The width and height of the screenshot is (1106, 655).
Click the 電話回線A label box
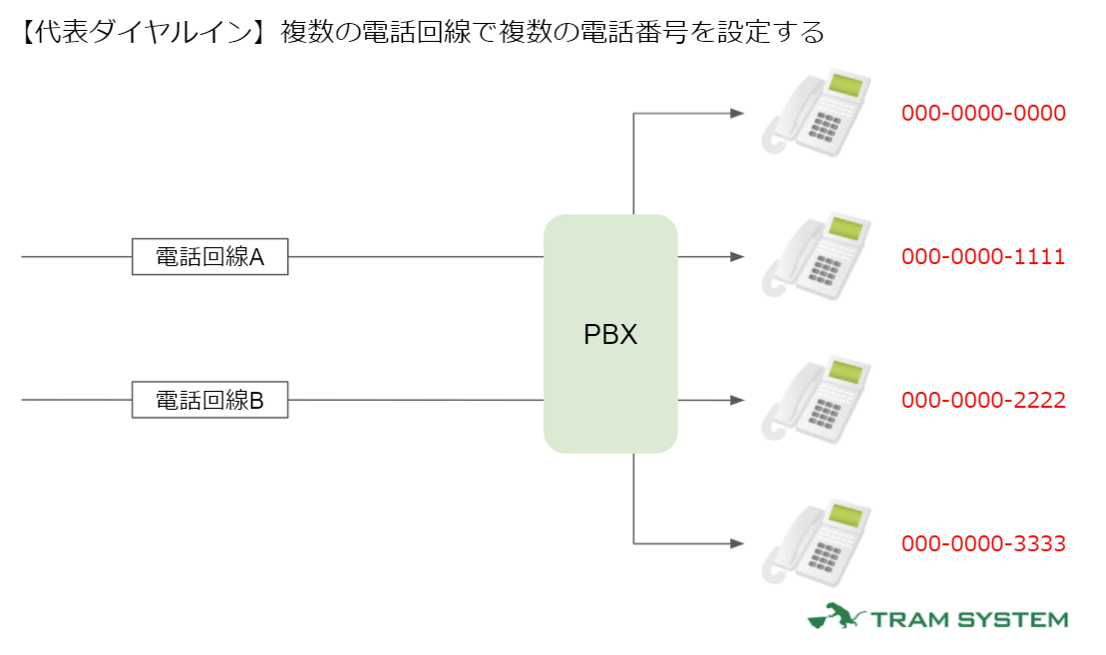pyautogui.click(x=209, y=257)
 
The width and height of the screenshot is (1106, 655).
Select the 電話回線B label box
pyautogui.click(x=209, y=401)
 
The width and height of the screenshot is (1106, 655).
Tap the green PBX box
pyautogui.click(x=610, y=334)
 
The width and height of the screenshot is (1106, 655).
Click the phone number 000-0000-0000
pyautogui.click(x=983, y=114)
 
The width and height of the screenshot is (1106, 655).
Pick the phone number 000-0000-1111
pyautogui.click(x=983, y=257)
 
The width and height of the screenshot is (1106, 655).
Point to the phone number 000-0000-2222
pyautogui.click(x=983, y=401)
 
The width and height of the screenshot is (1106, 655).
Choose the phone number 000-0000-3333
pyautogui.click(x=983, y=544)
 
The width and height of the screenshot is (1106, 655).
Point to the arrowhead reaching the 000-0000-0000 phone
pyautogui.click(x=737, y=114)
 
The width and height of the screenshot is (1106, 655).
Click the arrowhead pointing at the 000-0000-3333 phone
pyautogui.click(x=737, y=544)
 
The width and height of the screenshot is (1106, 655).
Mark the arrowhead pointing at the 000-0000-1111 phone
pyautogui.click(x=737, y=257)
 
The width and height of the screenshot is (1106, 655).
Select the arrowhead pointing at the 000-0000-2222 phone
pyautogui.click(x=737, y=401)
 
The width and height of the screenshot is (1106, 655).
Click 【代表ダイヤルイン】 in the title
pyautogui.click(x=140, y=33)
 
